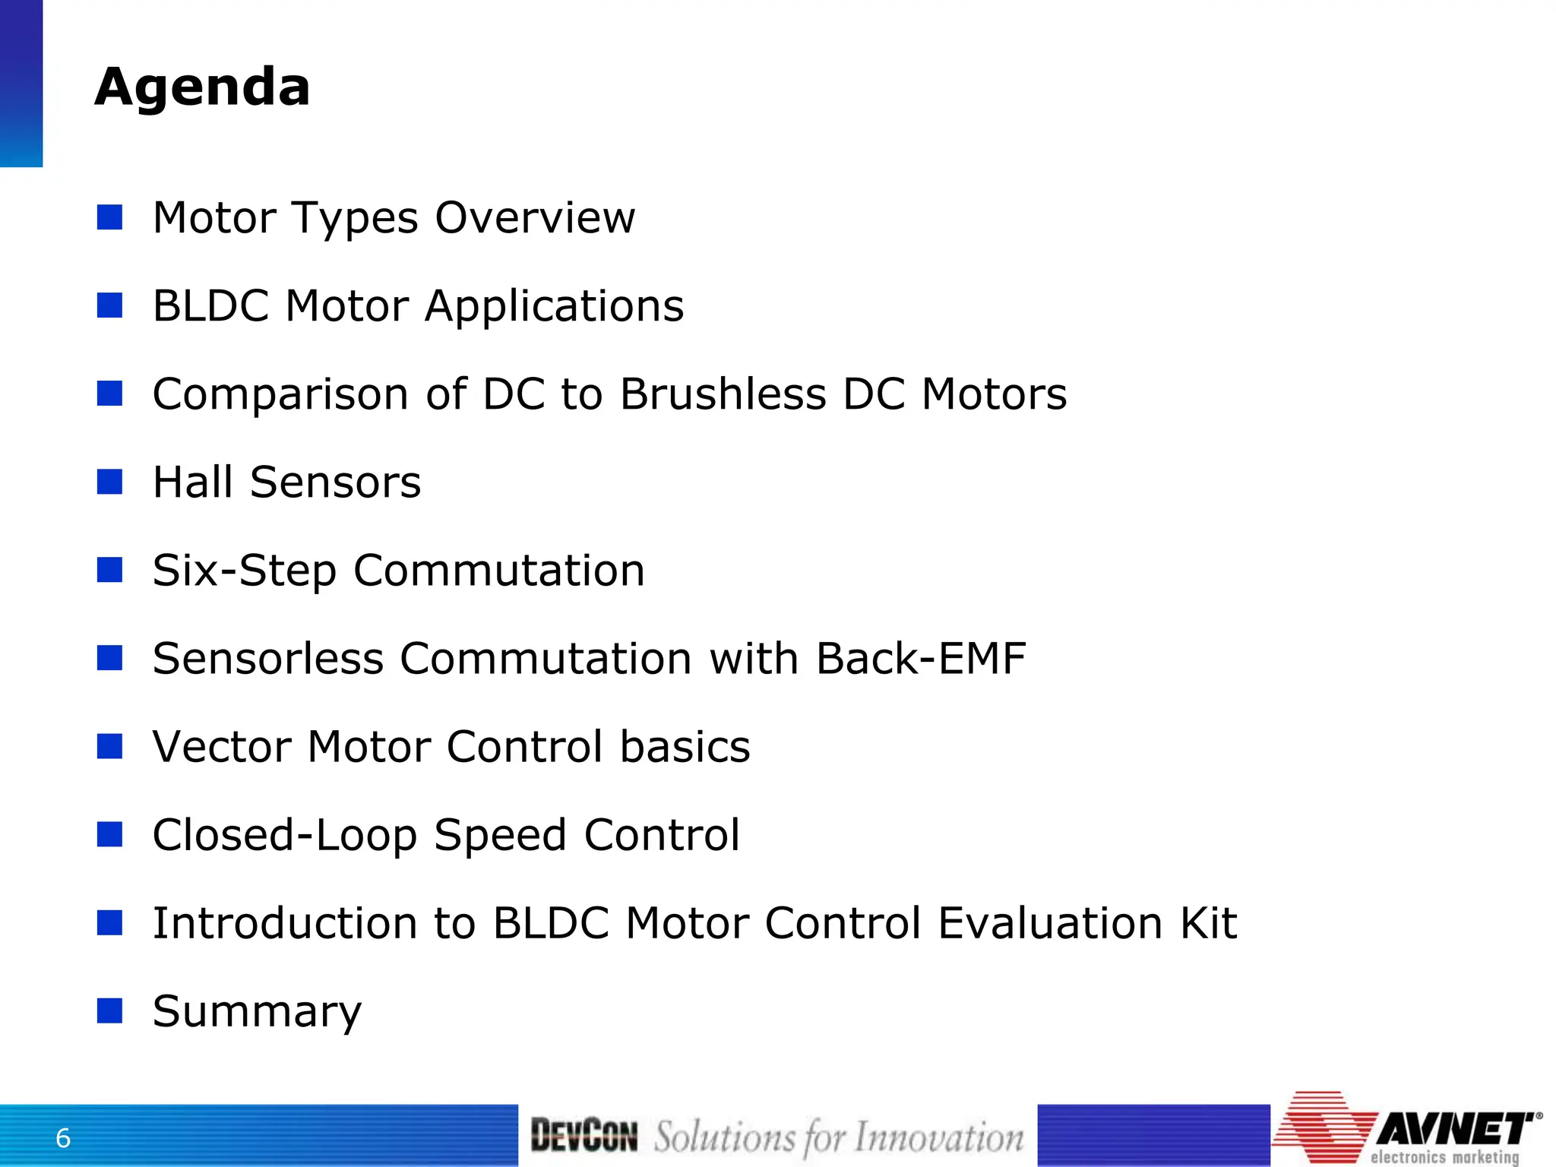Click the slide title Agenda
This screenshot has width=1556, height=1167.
point(202,87)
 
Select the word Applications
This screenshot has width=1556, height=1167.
point(554,307)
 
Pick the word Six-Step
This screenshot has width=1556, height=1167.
point(244,571)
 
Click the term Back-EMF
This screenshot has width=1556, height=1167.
point(921,658)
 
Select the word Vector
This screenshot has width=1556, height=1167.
point(221,746)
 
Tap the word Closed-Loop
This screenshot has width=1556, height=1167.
point(284,835)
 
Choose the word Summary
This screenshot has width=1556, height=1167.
point(257,1012)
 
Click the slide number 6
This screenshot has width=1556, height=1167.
point(63,1138)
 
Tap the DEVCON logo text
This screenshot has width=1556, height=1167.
point(583,1136)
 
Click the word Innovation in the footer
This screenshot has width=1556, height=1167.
point(939,1137)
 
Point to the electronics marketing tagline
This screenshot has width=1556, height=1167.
point(1444,1157)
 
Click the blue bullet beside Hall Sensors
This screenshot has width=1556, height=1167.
point(110,482)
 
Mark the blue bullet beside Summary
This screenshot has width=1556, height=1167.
point(110,1010)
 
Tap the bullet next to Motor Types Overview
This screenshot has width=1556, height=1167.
point(110,217)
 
